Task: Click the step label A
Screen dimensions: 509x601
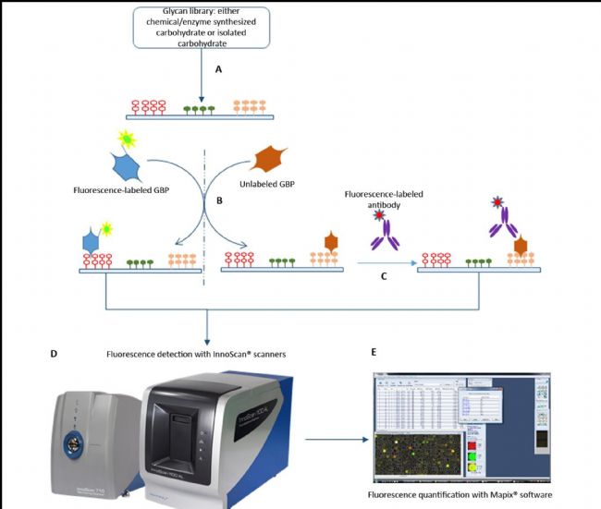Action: coord(218,69)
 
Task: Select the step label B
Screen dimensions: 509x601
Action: coord(218,198)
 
